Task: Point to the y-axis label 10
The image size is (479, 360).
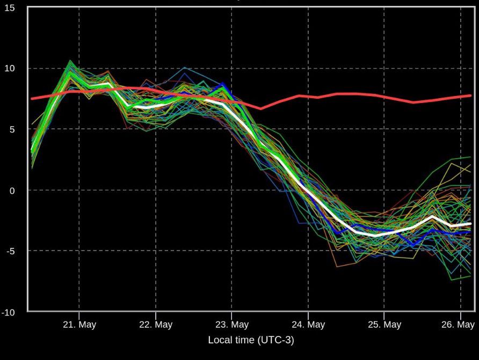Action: pyautogui.click(x=10, y=69)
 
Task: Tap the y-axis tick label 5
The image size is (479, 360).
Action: pyautogui.click(x=13, y=129)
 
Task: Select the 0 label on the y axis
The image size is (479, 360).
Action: pyautogui.click(x=13, y=190)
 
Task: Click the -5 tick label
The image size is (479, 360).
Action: pyautogui.click(x=11, y=251)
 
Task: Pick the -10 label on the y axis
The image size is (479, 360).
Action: pyautogui.click(x=9, y=312)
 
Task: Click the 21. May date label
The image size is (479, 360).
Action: pyautogui.click(x=79, y=325)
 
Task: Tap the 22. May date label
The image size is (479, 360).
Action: pyautogui.click(x=156, y=325)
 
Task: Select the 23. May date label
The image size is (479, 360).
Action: pyautogui.click(x=232, y=325)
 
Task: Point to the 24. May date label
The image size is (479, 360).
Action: pyautogui.click(x=308, y=325)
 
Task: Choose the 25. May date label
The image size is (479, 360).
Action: pyautogui.click(x=384, y=325)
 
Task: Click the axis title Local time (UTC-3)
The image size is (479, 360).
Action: pyautogui.click(x=251, y=340)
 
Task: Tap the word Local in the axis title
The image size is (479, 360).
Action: pyautogui.click(x=220, y=340)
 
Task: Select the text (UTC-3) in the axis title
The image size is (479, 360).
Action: pyautogui.click(x=275, y=340)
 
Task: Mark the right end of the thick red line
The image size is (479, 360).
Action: pyautogui.click(x=470, y=95)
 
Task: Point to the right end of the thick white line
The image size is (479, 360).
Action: pyautogui.click(x=470, y=224)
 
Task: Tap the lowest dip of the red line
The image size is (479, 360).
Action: pyautogui.click(x=261, y=108)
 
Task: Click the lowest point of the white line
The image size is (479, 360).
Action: pyautogui.click(x=375, y=236)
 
